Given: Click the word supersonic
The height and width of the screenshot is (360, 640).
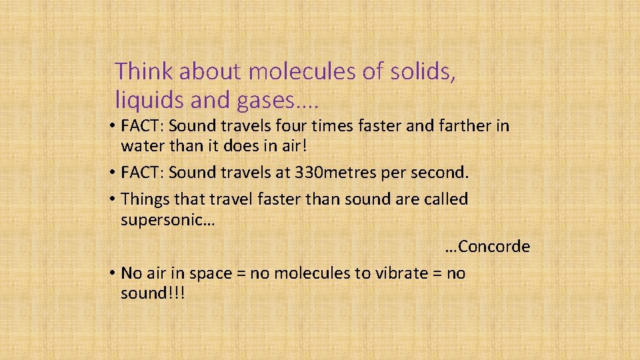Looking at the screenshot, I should pos(164,220).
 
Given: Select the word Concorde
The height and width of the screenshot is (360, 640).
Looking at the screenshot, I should pos(494,247).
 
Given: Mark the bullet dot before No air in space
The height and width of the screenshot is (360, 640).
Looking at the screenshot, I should pos(115,273).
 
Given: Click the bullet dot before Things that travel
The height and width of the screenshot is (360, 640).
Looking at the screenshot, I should pos(115,199).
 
